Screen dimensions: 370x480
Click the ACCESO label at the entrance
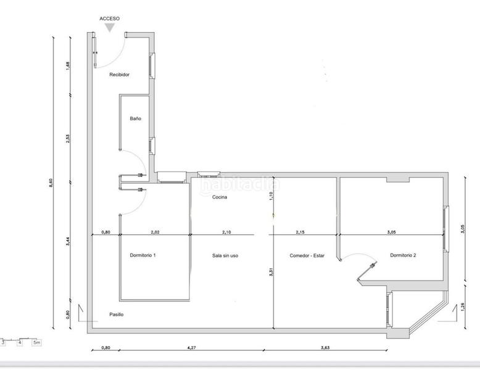click(x=110, y=19)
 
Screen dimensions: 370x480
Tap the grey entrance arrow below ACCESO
click(x=110, y=28)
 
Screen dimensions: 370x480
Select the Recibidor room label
click(x=119, y=75)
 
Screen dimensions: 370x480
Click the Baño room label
click(x=136, y=119)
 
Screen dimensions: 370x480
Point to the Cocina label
click(x=220, y=197)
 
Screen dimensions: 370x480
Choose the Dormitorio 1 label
click(x=143, y=255)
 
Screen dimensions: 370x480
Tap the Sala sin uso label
click(x=225, y=255)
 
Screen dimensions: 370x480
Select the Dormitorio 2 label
click(x=403, y=255)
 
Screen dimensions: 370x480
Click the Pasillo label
click(x=116, y=314)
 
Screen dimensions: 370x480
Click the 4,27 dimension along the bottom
click(x=191, y=348)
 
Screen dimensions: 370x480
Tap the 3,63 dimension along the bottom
click(x=325, y=348)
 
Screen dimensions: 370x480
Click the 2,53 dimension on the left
click(x=68, y=139)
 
